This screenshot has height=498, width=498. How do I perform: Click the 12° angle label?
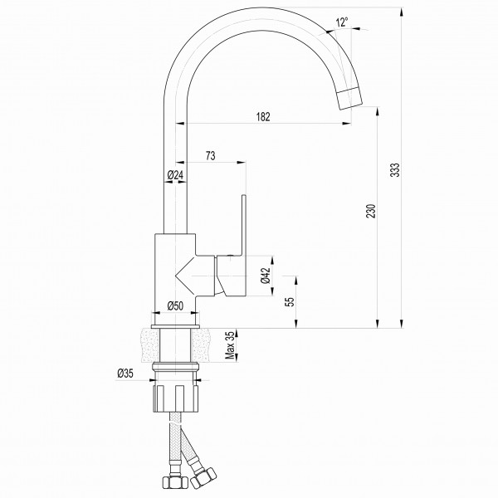pyautogui.click(x=342, y=22)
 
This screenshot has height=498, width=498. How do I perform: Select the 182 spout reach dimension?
pyautogui.click(x=263, y=117)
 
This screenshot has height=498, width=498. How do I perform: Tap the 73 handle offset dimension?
pyautogui.click(x=211, y=156)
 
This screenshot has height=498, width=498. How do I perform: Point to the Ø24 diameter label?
pyautogui.click(x=175, y=175)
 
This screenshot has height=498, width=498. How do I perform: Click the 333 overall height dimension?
pyautogui.click(x=395, y=170)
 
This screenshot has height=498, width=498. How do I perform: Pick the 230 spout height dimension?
pyautogui.click(x=371, y=211)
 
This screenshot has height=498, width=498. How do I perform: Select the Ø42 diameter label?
pyautogui.click(x=266, y=276)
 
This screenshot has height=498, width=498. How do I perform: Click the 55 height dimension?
pyautogui.click(x=290, y=302)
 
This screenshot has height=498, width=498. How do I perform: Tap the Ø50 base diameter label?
pyautogui.click(x=175, y=305)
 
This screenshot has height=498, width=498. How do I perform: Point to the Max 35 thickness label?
pyautogui.click(x=230, y=345)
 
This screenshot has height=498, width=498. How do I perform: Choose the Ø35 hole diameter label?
pyautogui.click(x=125, y=373)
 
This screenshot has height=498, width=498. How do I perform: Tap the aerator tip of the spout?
pyautogui.click(x=349, y=99)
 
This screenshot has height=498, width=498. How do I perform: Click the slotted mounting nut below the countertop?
pyautogui.click(x=176, y=399)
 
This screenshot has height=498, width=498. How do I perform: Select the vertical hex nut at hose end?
pyautogui.click(x=172, y=481)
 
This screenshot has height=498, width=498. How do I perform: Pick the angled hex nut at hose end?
pyautogui.click(x=203, y=477)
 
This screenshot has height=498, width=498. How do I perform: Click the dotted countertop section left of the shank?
pyautogui.click(x=150, y=345)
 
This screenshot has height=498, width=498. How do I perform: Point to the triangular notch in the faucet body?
pyautogui.click(x=185, y=276)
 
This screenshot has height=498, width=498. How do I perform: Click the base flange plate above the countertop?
pyautogui.click(x=175, y=327)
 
